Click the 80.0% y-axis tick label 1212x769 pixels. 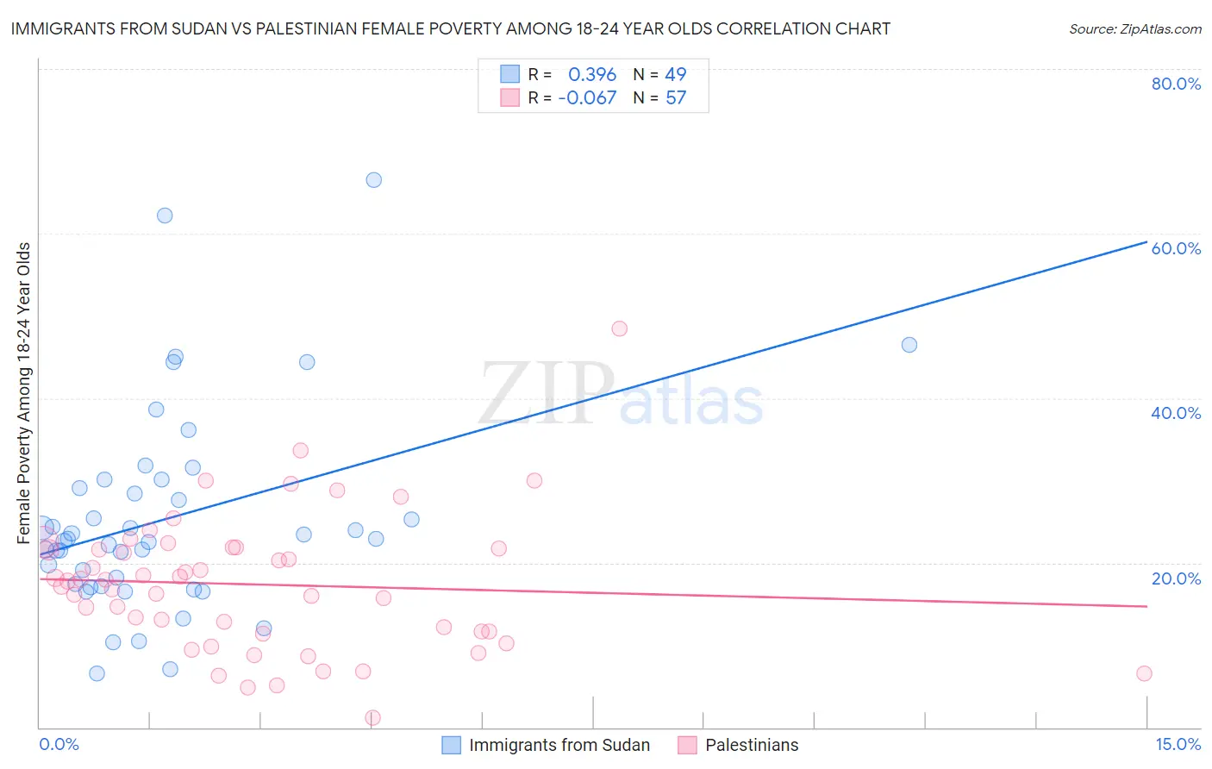click(1176, 84)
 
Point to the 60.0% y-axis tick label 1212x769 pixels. click(1176, 248)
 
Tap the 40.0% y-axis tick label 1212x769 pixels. click(1176, 413)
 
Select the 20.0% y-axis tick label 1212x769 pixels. click(1176, 578)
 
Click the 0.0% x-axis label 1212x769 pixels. click(59, 745)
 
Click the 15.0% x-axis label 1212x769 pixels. click(1178, 745)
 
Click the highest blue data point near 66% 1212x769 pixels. click(373, 180)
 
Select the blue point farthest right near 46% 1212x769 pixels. click(909, 345)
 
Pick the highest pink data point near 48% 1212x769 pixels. click(619, 328)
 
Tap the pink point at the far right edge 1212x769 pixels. click(1144, 673)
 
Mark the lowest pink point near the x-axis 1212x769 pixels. click(372, 717)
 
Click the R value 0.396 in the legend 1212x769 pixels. click(592, 75)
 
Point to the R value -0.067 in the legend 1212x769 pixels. click(587, 98)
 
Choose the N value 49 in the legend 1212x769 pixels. click(676, 75)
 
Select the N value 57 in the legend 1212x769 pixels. click(676, 98)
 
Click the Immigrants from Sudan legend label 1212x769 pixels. click(559, 745)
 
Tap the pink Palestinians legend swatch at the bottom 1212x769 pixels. click(687, 745)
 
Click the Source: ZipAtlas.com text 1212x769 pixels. click(1134, 29)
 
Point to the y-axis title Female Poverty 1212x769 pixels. click(24, 392)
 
